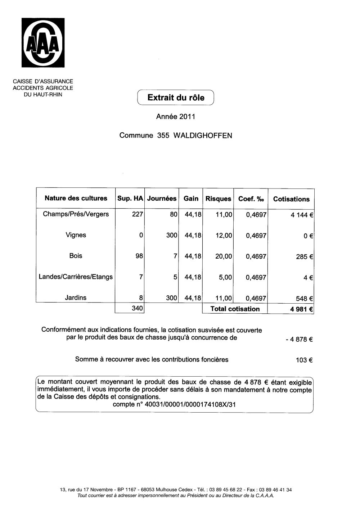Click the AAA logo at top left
[x=44, y=43]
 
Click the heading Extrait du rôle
[x=176, y=97]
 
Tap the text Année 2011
[x=175, y=117]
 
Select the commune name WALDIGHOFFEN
[x=203, y=136]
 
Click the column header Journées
[x=162, y=199]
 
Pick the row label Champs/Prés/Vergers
[x=76, y=214]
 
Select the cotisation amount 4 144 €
[x=302, y=215]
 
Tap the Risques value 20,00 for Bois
[x=224, y=256]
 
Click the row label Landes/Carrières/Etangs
[x=76, y=277]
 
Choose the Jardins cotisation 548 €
[x=304, y=299]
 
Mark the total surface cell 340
[x=138, y=308]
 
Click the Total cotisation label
[x=235, y=309]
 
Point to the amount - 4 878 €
[x=298, y=339]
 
